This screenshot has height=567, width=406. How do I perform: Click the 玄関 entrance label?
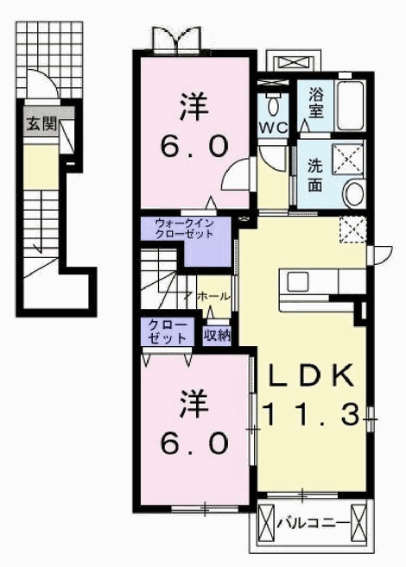[x=42, y=125]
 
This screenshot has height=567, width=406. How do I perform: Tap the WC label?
[x=273, y=127]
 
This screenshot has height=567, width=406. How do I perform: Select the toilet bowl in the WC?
[x=274, y=104]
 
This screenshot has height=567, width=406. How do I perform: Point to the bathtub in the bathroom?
[x=350, y=105]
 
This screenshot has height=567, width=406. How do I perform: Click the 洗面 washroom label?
[x=315, y=176]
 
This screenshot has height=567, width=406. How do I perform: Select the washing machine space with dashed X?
[x=347, y=158]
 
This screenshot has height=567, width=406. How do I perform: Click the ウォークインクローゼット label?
[x=184, y=229]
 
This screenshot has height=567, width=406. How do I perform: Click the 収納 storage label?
[x=216, y=336]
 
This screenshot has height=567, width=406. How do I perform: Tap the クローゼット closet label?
[x=168, y=331]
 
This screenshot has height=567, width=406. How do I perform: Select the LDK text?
[x=310, y=376]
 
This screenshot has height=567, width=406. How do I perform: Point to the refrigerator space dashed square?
[x=352, y=230]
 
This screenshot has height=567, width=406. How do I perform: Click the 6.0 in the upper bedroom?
[x=194, y=147]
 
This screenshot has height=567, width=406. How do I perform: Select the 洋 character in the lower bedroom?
[x=194, y=404]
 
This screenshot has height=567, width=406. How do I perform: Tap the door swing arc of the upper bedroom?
[x=232, y=169]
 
